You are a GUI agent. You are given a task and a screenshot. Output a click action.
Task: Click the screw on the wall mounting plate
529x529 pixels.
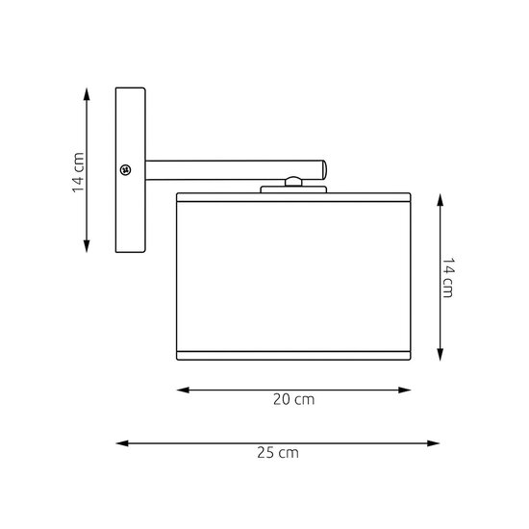[x=125, y=169]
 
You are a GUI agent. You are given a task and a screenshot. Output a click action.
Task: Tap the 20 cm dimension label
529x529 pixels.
[x=294, y=399]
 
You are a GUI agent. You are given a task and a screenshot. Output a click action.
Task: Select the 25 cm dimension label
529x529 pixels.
[x=278, y=453]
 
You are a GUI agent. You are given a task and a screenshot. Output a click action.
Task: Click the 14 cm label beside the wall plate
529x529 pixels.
[x=78, y=172]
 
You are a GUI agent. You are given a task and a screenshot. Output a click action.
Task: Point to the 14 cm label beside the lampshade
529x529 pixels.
[x=448, y=278]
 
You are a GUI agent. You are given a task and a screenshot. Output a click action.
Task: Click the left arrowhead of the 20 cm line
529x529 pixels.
[x=183, y=390]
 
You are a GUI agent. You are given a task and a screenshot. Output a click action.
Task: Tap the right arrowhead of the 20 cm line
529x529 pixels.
[x=405, y=390]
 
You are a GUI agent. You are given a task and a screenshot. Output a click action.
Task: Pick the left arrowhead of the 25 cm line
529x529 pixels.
[x=122, y=443]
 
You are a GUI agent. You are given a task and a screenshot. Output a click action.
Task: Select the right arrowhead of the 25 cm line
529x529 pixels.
[x=434, y=443]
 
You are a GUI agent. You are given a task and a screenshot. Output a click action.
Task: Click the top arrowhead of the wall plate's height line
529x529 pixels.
[x=87, y=94]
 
